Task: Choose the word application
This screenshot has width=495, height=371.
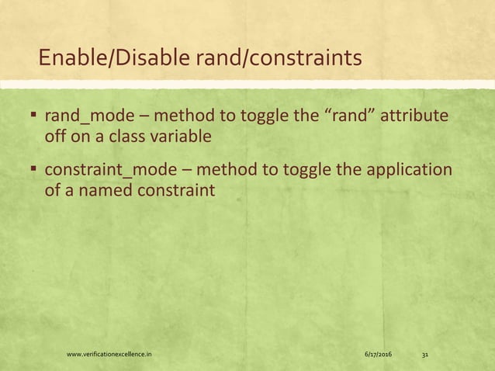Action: click(x=410, y=170)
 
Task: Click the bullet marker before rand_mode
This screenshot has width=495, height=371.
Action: click(x=34, y=117)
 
